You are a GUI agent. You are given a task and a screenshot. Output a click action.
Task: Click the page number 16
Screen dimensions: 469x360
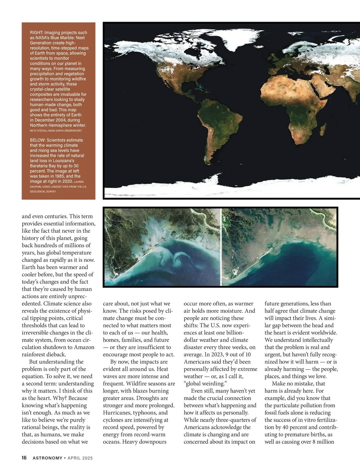coord(24,458)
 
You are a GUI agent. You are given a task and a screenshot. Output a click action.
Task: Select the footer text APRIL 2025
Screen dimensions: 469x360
coord(80,458)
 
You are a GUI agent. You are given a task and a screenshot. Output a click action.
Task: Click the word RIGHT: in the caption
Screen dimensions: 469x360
coord(37,32)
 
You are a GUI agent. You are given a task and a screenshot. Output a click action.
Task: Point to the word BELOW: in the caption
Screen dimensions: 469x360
coord(37,140)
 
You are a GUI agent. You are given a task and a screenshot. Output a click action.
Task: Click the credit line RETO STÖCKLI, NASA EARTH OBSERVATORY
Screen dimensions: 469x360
coord(55,131)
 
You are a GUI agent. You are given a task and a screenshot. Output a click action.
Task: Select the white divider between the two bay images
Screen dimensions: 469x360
coord(221,247)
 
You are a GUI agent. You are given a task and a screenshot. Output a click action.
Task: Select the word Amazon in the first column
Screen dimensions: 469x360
coord(85,347)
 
